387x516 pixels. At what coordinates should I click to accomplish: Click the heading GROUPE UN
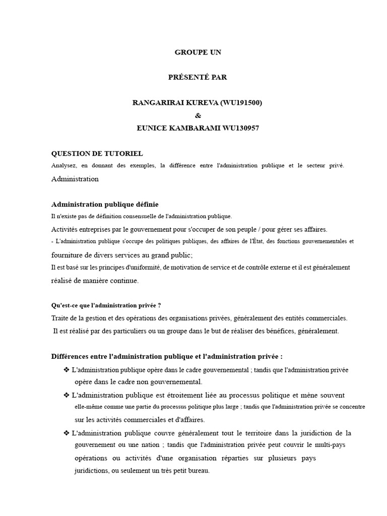pyautogui.click(x=198, y=52)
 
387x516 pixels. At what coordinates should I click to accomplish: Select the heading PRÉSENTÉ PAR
pyautogui.click(x=198, y=77)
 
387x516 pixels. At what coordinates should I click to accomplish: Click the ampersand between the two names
pyautogui.click(x=198, y=115)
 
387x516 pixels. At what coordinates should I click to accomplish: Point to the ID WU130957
pyautogui.click(x=239, y=128)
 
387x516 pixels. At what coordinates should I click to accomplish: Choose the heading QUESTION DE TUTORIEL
pyautogui.click(x=97, y=153)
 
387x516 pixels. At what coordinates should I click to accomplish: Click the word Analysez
pyautogui.click(x=64, y=166)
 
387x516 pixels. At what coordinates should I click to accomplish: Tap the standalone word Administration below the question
pyautogui.click(x=75, y=179)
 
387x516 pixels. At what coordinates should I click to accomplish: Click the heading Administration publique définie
pyautogui.click(x=105, y=204)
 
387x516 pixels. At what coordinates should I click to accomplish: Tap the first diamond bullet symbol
pyautogui.click(x=67, y=370)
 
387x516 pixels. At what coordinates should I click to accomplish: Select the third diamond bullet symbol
pyautogui.click(x=67, y=433)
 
